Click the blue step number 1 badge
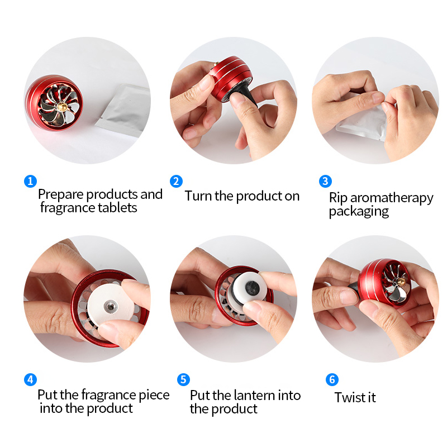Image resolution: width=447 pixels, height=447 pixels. pos(31,181)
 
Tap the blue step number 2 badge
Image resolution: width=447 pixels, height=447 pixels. pos(177,181)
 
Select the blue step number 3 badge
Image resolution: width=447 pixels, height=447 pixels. pos(326,181)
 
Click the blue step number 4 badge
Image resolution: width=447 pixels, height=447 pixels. pos(31,380)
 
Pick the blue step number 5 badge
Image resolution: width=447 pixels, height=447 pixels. pos(183,380)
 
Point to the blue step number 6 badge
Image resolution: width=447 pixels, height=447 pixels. pos(332,380)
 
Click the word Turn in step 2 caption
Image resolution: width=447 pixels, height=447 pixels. pos(198,196)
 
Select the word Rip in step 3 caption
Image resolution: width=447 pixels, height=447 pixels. pos(337,198)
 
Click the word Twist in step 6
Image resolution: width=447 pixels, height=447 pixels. pos(348,398)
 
